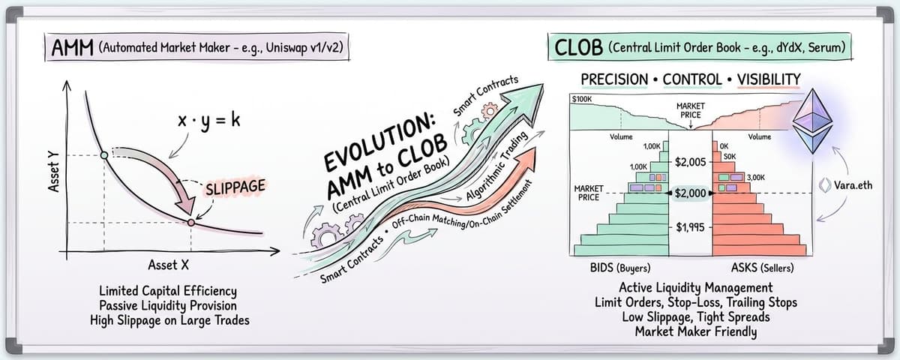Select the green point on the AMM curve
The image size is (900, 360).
pyautogui.click(x=103, y=155)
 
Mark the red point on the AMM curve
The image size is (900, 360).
pyautogui.click(x=191, y=223)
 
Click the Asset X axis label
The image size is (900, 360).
pyautogui.click(x=163, y=265)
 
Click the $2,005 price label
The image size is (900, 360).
pyautogui.click(x=690, y=161)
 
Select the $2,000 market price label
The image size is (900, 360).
pyautogui.click(x=690, y=193)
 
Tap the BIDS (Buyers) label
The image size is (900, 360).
pyautogui.click(x=620, y=267)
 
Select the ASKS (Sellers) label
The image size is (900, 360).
pyautogui.click(x=763, y=267)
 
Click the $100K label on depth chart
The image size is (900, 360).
pyautogui.click(x=582, y=99)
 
